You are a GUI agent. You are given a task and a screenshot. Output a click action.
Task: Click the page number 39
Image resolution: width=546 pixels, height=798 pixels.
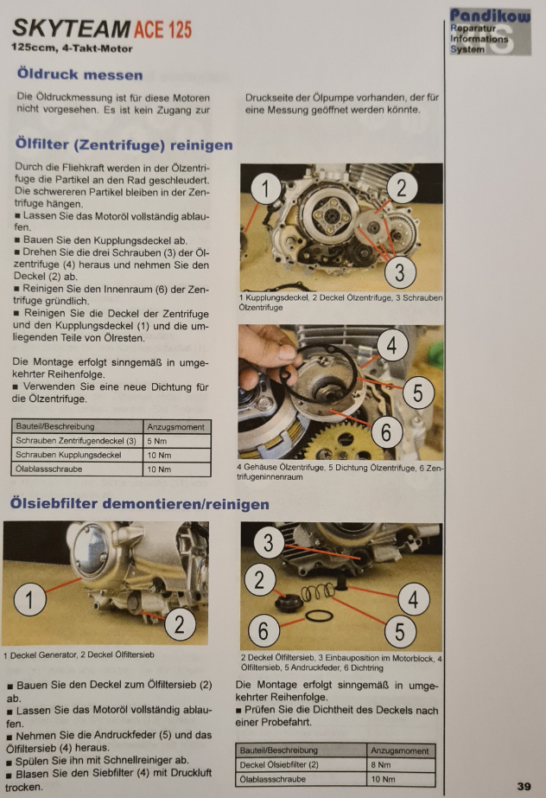[x=524, y=786]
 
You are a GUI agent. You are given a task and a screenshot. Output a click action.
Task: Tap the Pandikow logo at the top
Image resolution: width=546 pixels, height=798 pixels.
[x=490, y=31]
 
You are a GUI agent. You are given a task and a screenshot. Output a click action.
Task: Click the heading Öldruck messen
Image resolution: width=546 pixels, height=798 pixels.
[x=79, y=74]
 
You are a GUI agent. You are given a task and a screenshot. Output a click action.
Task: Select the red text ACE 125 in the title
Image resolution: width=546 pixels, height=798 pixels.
[x=162, y=29]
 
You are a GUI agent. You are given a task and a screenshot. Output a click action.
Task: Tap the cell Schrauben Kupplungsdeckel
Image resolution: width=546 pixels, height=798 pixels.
[x=77, y=455]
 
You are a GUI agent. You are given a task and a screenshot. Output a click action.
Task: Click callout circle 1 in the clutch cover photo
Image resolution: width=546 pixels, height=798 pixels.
[x=265, y=188]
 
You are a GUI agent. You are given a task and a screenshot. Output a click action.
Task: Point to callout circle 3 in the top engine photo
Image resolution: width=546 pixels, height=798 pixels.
[x=400, y=271]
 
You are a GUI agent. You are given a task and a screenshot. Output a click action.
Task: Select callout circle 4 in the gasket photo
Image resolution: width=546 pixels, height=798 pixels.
[x=391, y=346]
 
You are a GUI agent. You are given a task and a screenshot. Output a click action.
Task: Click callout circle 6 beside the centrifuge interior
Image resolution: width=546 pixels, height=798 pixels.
[x=386, y=433]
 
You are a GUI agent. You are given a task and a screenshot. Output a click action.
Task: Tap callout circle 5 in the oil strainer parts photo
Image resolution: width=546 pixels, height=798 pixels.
[x=400, y=632]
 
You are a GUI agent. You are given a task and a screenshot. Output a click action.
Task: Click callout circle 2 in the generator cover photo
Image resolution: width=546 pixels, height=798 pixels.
[x=179, y=624]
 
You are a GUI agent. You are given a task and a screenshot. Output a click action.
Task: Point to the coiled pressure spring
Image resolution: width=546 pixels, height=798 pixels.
[x=318, y=592]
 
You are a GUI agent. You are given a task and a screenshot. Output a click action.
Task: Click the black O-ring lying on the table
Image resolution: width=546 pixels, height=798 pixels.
[x=320, y=616]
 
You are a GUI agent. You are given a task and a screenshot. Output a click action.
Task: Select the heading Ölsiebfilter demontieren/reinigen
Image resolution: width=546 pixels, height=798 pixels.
[x=140, y=504]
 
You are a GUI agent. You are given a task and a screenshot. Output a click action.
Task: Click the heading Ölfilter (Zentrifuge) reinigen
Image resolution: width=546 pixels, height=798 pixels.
[x=124, y=144]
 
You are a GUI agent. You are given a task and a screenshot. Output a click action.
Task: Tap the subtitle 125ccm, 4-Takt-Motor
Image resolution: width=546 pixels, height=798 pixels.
[x=72, y=49]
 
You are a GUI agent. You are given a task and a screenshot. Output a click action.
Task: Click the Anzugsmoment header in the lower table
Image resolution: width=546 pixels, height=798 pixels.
[x=400, y=750]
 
